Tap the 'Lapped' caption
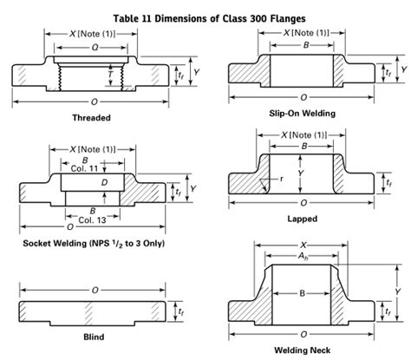[303, 219]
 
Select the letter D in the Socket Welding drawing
[105, 184]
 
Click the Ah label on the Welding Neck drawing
[303, 259]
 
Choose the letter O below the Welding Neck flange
[303, 333]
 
